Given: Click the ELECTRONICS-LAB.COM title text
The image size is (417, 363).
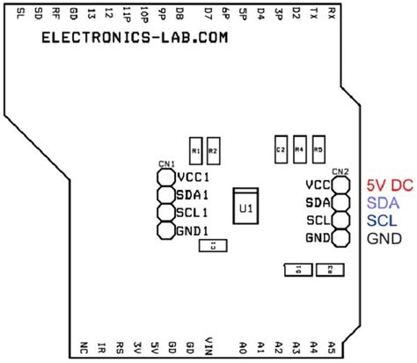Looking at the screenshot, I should [x=132, y=40].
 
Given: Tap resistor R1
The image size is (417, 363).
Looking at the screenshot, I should [x=195, y=151].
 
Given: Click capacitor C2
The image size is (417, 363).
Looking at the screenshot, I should [x=281, y=150].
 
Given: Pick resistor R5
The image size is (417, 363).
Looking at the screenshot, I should [x=318, y=150].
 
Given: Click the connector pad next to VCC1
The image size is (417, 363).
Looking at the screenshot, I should [x=165, y=178].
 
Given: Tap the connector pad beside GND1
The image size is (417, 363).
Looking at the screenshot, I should [x=165, y=231].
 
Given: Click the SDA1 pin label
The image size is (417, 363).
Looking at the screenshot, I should [x=191, y=195].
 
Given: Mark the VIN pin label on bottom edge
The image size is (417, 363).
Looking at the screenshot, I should [x=208, y=345].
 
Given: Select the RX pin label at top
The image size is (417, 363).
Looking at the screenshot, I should [x=330, y=12].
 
